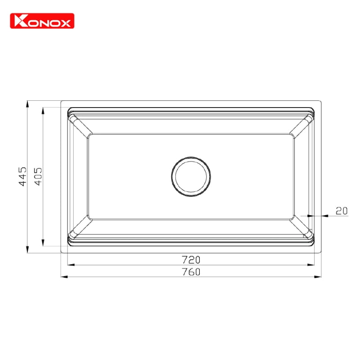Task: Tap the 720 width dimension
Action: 191,260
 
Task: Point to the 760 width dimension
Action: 191,272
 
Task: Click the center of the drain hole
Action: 191,176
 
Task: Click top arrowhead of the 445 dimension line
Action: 28,104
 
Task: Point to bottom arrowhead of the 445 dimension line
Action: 28,250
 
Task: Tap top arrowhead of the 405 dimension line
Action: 43,110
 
